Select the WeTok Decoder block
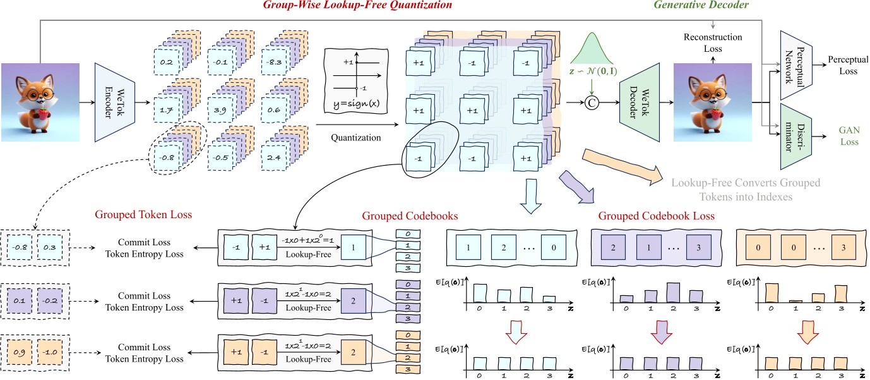pos(639,102)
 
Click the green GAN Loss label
pos(849,136)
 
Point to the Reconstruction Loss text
pos(713,37)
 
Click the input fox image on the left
pos(40,102)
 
